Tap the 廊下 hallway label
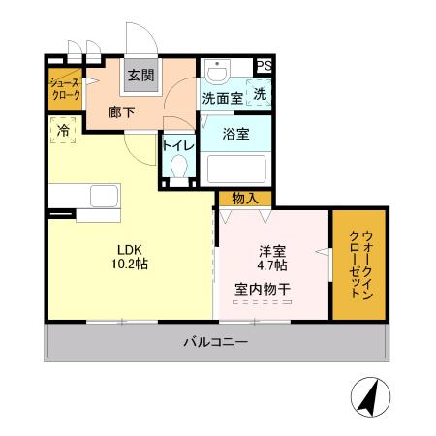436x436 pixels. pyautogui.click(x=121, y=111)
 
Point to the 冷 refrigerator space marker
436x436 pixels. pyautogui.click(x=63, y=130)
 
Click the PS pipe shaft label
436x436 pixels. pyautogui.click(x=265, y=65)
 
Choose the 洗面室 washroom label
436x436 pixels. pyautogui.click(x=222, y=97)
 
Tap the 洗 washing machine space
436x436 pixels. pyautogui.click(x=259, y=96)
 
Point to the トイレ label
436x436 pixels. pyautogui.click(x=178, y=145)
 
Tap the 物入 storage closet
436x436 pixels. pyautogui.click(x=244, y=198)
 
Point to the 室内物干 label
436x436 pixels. pyautogui.click(x=263, y=288)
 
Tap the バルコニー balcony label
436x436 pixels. pyautogui.click(x=215, y=342)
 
